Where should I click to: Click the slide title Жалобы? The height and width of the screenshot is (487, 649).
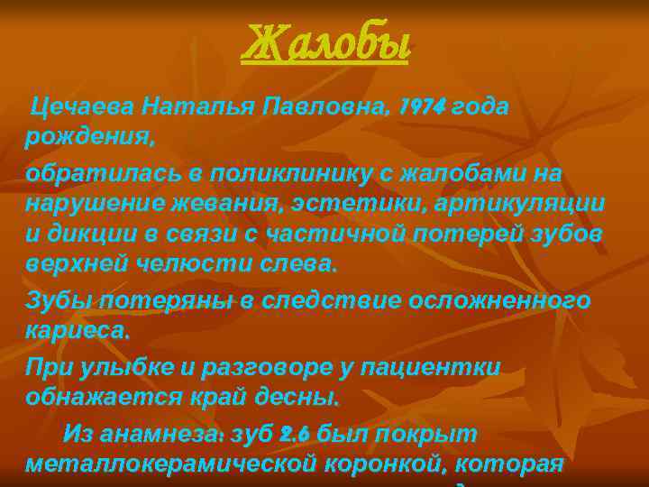(x=324, y=45)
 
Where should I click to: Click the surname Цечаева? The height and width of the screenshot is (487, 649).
(x=82, y=108)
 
